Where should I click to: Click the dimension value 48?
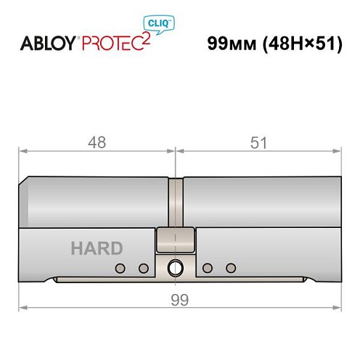pyautogui.click(x=97, y=142)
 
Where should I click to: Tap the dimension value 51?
pyautogui.click(x=258, y=142)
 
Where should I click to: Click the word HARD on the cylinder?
pyautogui.click(x=97, y=248)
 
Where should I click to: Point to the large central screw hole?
pyautogui.click(x=175, y=268)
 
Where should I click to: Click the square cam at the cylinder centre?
pyautogui.click(x=175, y=237)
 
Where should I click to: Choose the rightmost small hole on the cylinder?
pyautogui.click(x=231, y=269)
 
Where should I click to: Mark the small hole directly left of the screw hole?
pyautogui.click(x=143, y=269)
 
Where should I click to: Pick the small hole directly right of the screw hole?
pyautogui.click(x=208, y=269)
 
